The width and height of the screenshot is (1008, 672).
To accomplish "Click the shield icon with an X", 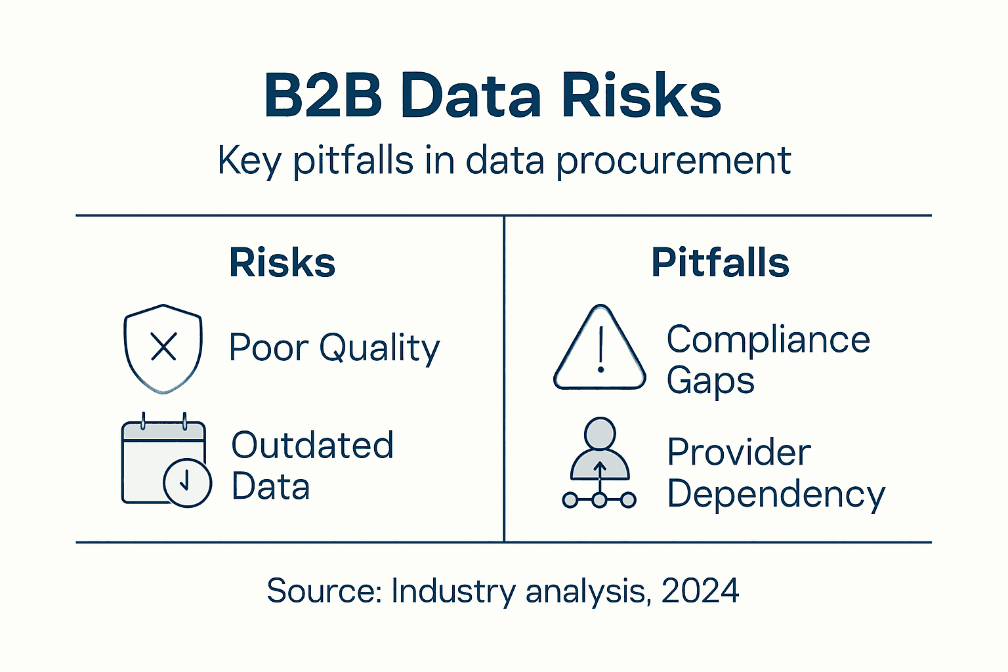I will (x=163, y=348).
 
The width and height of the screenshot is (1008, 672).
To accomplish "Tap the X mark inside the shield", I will (x=163, y=346).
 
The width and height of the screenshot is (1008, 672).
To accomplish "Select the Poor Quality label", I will (x=334, y=348).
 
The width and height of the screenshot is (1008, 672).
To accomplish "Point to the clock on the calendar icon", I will (x=187, y=482).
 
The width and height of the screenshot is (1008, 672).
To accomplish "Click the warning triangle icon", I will (x=599, y=349).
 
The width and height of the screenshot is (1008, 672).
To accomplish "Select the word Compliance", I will (x=768, y=340).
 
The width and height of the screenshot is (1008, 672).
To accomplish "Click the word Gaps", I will (x=710, y=381).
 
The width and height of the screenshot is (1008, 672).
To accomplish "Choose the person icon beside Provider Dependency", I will (x=599, y=462).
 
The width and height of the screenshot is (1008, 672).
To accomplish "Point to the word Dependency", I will (x=776, y=494).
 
